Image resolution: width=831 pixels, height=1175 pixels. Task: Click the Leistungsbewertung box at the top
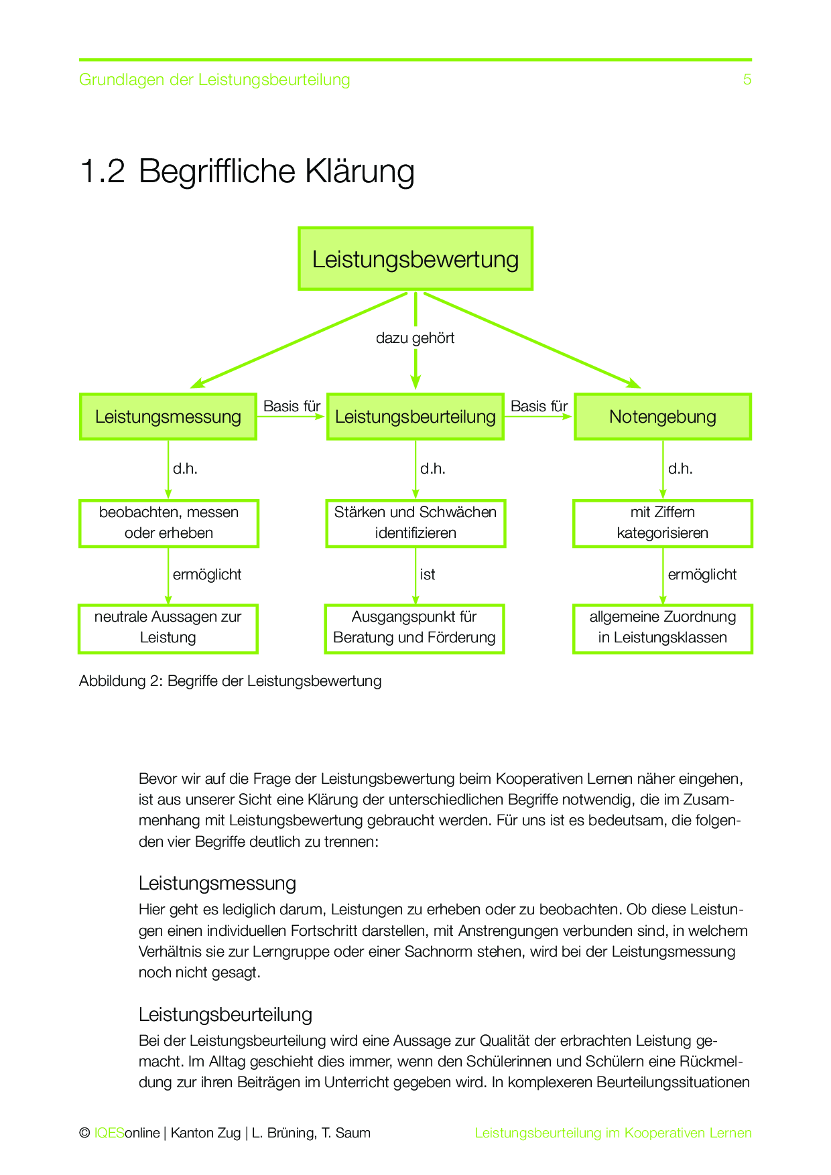415,259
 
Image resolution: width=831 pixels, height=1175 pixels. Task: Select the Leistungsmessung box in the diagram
168,417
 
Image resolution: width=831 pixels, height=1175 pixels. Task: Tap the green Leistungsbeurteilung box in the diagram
415,417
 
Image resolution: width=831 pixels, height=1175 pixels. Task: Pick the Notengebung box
663,417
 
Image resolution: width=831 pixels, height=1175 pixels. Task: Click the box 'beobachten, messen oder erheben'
169,523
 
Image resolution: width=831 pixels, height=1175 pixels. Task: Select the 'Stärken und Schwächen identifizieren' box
415,523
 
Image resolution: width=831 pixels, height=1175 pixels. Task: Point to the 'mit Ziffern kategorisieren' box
663,523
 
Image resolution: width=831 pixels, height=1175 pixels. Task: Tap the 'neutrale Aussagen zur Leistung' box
168,628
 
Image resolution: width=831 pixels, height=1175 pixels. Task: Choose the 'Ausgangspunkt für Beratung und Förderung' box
414,628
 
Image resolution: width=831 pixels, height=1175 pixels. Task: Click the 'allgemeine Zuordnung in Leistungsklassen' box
663,628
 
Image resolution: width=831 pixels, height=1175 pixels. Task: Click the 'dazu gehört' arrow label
415,338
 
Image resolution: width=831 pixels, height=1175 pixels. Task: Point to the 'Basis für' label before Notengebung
539,407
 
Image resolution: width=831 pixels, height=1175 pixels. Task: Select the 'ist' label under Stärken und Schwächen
428,575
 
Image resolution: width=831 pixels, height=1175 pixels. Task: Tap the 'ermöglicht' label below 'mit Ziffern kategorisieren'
702,575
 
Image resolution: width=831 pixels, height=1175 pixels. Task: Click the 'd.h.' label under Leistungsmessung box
186,469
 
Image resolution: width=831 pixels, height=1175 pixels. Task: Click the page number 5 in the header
747,80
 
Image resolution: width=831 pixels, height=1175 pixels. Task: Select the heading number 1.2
102,171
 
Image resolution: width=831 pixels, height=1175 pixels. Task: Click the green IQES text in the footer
109,1133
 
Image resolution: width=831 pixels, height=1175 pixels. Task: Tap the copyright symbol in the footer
84,1133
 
